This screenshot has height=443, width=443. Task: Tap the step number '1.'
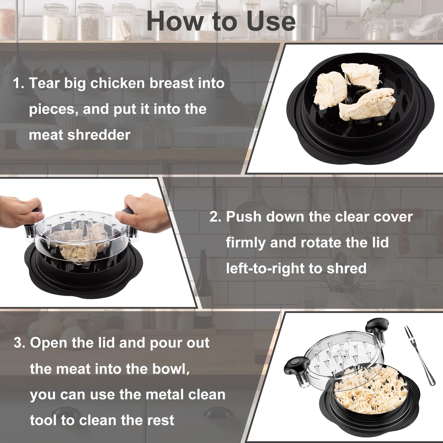18,83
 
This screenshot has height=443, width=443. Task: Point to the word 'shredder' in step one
99,135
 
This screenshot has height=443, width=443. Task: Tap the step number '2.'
216,217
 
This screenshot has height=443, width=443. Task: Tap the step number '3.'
19,343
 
